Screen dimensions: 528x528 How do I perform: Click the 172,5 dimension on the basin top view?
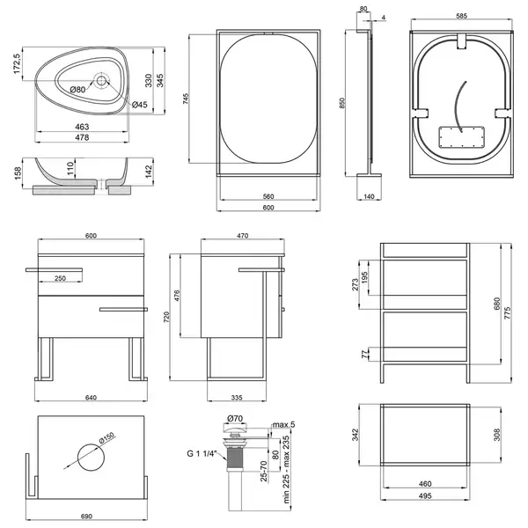click(17, 63)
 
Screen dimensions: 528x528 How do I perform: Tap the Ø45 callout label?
click(139, 105)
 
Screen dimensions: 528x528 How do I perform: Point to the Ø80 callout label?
click(77, 90)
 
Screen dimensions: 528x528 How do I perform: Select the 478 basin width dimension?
click(82, 137)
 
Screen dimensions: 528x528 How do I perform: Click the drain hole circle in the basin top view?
click(100, 80)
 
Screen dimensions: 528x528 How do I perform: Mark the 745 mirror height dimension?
click(186, 99)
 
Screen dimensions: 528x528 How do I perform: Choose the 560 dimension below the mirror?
click(268, 196)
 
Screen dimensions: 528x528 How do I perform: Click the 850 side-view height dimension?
click(342, 103)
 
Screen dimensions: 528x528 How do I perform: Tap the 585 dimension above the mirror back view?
click(461, 16)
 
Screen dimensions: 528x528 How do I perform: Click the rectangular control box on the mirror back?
click(462, 137)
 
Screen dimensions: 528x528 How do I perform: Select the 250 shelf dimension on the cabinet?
click(60, 278)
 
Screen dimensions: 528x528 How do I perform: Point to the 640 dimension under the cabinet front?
click(91, 398)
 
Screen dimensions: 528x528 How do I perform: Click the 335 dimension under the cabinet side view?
click(237, 398)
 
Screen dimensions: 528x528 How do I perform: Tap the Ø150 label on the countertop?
click(107, 437)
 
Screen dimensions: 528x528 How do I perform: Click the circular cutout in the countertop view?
click(91, 458)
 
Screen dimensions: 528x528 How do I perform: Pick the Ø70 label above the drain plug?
click(235, 418)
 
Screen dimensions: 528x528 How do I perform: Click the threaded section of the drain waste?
click(235, 458)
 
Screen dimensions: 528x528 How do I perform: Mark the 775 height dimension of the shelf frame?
click(508, 312)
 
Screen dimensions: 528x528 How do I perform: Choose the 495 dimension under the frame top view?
click(425, 495)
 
